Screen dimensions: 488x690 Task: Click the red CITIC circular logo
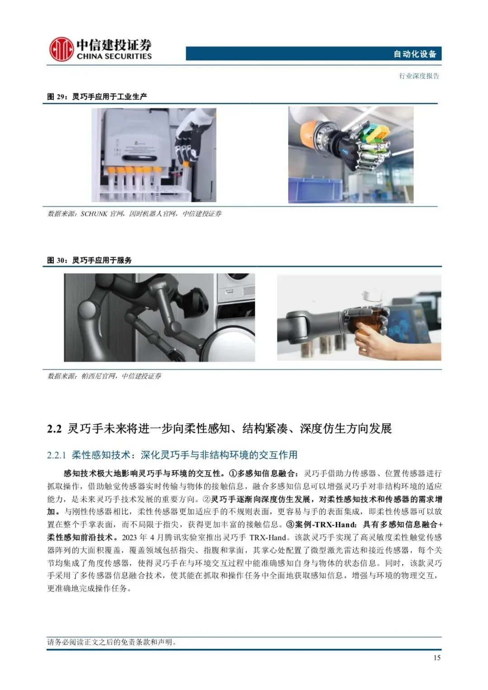[61, 49]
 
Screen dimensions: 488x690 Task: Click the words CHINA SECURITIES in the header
[114, 56]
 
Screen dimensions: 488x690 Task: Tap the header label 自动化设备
[415, 54]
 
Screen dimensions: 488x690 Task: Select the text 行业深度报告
[419, 76]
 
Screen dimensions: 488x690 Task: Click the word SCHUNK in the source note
[94, 214]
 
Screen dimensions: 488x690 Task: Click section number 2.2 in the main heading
[55, 429]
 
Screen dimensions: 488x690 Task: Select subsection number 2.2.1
[56, 455]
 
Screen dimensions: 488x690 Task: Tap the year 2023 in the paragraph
[130, 538]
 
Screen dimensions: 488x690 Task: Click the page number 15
[437, 657]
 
